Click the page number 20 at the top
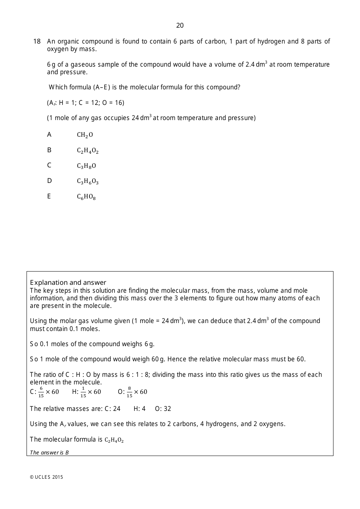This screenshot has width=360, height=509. (180, 25)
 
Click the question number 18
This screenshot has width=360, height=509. (37, 41)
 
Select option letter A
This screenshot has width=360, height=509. (49, 135)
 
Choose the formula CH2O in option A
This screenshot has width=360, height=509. (85, 135)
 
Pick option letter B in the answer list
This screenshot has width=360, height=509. (49, 150)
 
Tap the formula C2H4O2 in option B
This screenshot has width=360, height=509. (88, 151)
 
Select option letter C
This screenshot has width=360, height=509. (49, 166)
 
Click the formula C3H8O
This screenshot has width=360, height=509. (86, 166)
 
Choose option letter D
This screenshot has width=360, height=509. (49, 181)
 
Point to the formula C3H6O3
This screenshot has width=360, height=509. (88, 181)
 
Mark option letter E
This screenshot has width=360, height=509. (49, 197)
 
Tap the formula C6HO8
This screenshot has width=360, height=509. (86, 197)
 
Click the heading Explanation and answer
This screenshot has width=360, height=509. (68, 283)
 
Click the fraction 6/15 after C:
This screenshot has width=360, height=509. (41, 392)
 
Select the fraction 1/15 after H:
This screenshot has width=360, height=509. (83, 392)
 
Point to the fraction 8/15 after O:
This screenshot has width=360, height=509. (129, 392)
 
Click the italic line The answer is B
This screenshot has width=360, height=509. (49, 453)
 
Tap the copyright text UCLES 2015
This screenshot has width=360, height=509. (47, 477)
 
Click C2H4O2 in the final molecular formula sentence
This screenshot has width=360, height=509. (114, 440)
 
